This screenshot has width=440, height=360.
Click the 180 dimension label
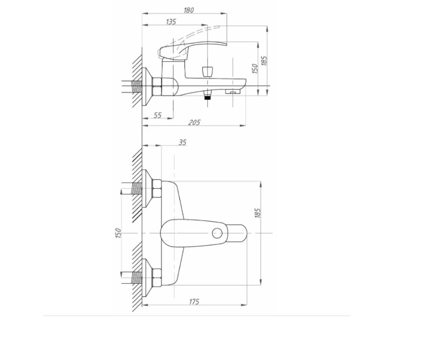(x=189, y=10)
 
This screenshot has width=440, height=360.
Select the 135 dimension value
(x=171, y=22)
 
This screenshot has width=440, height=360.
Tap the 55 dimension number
(x=158, y=115)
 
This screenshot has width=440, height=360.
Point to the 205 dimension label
(x=194, y=122)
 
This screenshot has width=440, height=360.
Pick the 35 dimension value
(x=183, y=143)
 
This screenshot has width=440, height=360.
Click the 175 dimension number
(x=194, y=302)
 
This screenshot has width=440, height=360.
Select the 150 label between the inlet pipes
(x=118, y=233)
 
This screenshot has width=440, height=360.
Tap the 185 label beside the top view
(x=257, y=213)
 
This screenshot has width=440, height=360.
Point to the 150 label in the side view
(x=254, y=68)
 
